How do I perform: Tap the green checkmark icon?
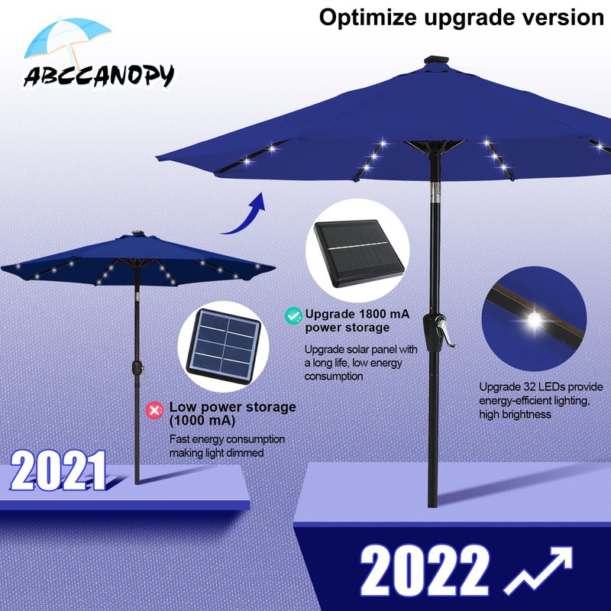tap(293, 315)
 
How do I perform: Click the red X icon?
tap(155, 411)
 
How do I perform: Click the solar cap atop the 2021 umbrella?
tap(138, 231)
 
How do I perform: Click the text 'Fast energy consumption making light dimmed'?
tap(227, 446)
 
